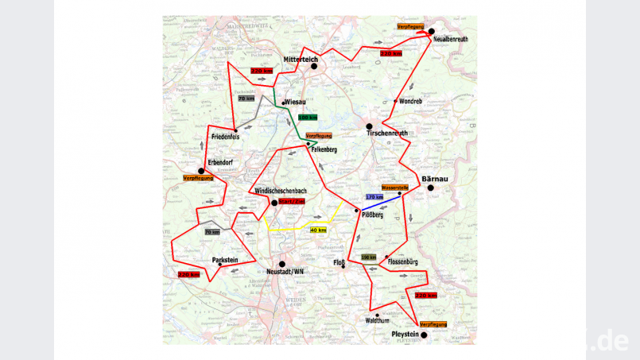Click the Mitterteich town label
tap(301, 60)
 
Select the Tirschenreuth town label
tap(387, 134)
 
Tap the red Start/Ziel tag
tap(292, 202)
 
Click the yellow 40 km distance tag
tap(318, 230)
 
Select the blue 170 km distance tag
tap(374, 196)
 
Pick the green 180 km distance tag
tap(308, 117)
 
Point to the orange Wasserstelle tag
tap(395, 188)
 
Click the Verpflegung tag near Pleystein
tap(432, 324)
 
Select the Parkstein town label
tap(225, 260)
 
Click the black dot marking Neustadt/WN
tap(282, 264)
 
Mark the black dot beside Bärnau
tap(430, 188)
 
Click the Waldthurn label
tap(378, 320)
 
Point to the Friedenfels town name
tap(225, 137)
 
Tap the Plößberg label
tap(373, 215)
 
